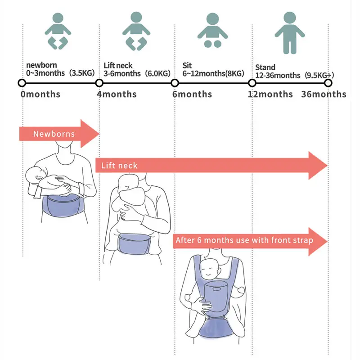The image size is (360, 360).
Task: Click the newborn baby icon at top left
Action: click(x=58, y=31)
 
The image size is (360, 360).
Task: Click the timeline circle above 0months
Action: click(x=22, y=83)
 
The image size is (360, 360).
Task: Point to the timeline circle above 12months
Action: click(x=252, y=83)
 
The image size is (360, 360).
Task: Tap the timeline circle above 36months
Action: click(x=328, y=83)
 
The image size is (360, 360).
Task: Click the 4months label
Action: click(x=117, y=94)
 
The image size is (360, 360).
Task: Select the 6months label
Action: click(x=192, y=94)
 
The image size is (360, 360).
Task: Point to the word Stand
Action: click(x=265, y=67)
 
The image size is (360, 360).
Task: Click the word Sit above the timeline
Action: click(x=187, y=66)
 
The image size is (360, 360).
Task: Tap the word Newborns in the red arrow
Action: click(x=54, y=134)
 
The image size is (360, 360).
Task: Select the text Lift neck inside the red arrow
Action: click(x=119, y=166)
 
